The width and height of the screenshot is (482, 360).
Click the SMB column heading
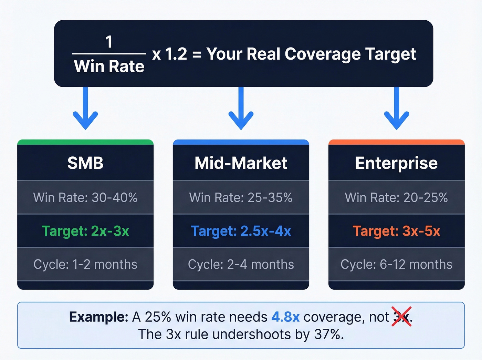85,163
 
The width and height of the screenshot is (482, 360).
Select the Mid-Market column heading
241,163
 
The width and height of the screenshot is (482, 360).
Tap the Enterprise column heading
396,163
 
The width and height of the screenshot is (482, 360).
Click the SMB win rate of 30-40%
85,197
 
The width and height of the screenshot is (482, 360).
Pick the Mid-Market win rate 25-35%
241,197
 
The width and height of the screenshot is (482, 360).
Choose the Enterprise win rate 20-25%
396,197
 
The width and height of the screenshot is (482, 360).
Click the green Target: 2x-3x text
85,231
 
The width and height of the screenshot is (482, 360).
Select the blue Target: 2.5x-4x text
241,231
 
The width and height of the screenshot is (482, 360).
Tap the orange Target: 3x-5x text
396,231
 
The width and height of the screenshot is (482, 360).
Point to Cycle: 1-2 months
85,264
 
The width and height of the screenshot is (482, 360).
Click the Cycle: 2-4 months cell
241,264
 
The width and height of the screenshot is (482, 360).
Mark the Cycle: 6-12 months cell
396,264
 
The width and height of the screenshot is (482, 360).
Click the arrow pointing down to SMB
85,110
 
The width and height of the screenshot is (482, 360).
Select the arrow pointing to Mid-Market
241,110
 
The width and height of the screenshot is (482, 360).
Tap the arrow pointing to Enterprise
397,110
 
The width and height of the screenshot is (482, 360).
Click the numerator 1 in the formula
109,42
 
